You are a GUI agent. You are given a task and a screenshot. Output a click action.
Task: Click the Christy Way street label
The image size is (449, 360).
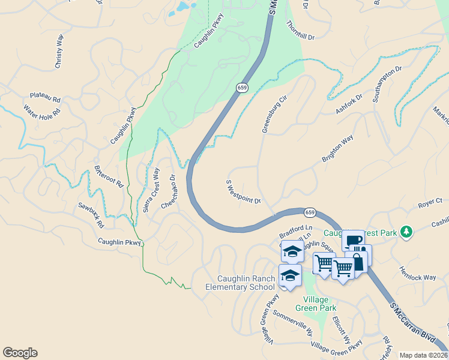click(x=58, y=55)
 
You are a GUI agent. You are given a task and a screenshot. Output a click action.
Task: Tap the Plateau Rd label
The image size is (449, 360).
click(x=46, y=98)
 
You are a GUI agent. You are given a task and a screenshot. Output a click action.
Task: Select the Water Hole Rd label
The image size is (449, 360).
click(x=42, y=111)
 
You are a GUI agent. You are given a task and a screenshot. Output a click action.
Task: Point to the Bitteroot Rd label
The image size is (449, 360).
click(x=109, y=176)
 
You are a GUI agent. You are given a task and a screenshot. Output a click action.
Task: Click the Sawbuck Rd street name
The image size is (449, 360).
click(x=91, y=215)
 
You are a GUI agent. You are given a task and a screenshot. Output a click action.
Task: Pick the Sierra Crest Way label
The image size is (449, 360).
click(x=151, y=190)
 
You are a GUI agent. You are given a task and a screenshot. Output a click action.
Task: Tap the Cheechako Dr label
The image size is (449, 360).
click(x=168, y=191)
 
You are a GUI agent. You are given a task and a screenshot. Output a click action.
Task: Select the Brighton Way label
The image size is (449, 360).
click(x=337, y=149)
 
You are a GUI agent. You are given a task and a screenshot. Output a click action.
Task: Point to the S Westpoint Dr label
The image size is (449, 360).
click(x=243, y=192)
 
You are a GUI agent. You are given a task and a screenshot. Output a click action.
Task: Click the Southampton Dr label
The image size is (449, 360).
click(x=387, y=84)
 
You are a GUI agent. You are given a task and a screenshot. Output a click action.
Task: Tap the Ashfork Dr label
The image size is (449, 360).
click(x=349, y=104)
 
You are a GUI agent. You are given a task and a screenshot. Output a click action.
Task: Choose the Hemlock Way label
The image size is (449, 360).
click(x=418, y=274)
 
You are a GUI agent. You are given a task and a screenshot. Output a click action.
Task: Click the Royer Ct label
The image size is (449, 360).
click(x=430, y=204)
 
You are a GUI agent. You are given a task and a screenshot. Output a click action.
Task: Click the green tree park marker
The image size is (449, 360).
click(x=406, y=232)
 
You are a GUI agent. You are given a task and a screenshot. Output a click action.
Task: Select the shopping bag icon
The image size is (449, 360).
click(x=358, y=262)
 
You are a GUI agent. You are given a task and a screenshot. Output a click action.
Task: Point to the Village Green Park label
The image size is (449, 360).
click(x=319, y=304)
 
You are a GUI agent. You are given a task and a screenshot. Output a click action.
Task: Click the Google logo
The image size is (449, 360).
click(x=20, y=353)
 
